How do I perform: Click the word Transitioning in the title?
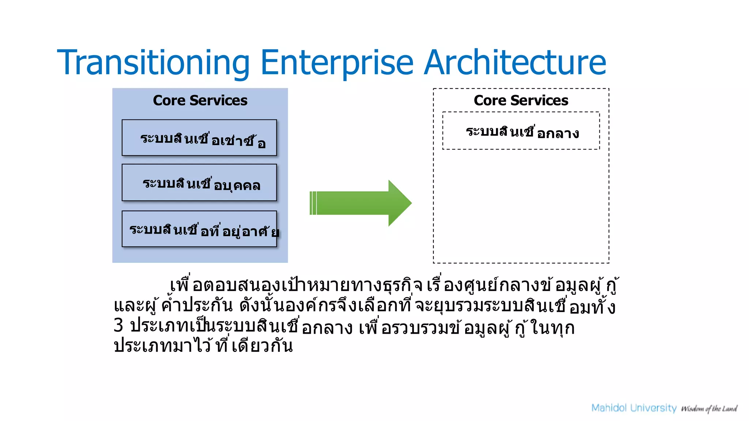(153, 63)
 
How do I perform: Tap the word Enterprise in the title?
(336, 63)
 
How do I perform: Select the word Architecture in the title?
(515, 63)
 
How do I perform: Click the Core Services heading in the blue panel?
(200, 100)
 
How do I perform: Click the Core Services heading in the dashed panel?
(521, 100)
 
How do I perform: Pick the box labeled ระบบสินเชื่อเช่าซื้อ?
(199, 138)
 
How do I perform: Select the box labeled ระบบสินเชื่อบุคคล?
(199, 183)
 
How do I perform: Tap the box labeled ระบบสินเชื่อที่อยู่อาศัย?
(199, 229)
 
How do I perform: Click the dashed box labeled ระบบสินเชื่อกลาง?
(521, 131)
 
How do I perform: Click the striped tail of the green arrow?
(313, 203)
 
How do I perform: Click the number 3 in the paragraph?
(118, 325)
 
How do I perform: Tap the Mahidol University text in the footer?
(634, 408)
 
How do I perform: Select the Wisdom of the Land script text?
(709, 409)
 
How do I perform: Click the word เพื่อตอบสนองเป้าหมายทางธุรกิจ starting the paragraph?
(296, 285)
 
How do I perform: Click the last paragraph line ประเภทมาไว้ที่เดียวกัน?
(203, 345)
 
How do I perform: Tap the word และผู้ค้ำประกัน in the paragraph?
(173, 306)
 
